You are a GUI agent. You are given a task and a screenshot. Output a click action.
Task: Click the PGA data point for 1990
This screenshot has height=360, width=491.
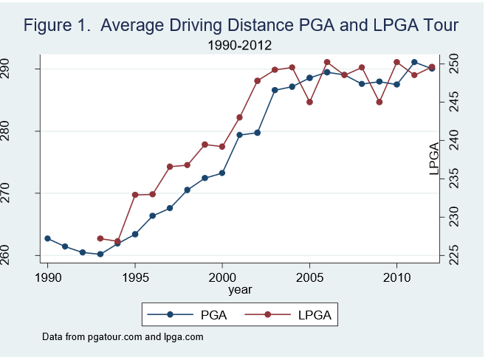click(48, 238)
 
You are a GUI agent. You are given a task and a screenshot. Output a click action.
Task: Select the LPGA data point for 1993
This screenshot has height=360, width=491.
click(100, 238)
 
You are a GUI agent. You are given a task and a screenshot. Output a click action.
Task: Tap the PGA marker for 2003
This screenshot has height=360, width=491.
click(275, 90)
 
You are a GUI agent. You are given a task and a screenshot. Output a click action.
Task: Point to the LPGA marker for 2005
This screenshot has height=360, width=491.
click(309, 102)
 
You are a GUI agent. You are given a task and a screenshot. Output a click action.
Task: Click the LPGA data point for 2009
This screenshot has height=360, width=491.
click(380, 102)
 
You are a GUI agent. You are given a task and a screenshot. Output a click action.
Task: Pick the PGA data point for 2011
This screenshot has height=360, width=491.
click(414, 62)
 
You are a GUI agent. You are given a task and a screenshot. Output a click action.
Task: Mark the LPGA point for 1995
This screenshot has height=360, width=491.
click(135, 195)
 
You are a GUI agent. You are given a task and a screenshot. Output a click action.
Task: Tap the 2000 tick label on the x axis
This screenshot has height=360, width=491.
click(222, 276)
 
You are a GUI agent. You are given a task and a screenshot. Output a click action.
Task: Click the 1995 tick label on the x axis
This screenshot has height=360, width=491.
click(135, 276)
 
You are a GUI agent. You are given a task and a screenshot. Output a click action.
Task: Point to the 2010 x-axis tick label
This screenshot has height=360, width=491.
click(396, 276)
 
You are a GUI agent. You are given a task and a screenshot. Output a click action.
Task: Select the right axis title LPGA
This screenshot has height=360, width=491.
click(434, 159)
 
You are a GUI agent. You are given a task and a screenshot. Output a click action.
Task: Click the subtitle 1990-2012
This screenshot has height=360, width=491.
click(241, 45)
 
